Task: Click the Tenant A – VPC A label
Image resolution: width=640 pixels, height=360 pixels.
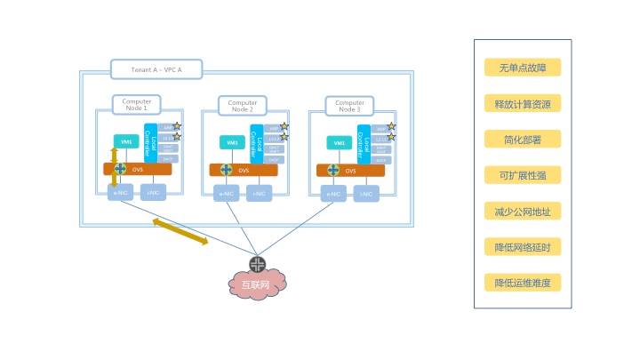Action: tap(156, 69)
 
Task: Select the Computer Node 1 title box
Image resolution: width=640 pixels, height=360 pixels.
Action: tap(137, 105)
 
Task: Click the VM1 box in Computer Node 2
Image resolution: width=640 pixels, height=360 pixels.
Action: tap(232, 142)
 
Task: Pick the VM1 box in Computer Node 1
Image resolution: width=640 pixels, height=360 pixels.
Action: tap(125, 141)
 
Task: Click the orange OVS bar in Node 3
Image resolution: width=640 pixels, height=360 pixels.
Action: tap(351, 170)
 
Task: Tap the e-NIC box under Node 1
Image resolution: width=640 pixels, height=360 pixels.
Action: tap(120, 193)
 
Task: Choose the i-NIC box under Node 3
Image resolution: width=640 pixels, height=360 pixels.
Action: tap(364, 194)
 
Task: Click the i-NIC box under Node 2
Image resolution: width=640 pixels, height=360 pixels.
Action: tap(259, 194)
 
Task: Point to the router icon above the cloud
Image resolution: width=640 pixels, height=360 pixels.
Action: tap(258, 263)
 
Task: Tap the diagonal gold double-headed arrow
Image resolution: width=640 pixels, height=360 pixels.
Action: tap(180, 230)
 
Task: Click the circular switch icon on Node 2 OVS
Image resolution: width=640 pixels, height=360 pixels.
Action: tap(226, 170)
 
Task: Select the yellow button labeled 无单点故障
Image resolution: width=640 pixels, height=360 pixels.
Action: tap(523, 68)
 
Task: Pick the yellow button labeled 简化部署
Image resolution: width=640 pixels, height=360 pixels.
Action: tap(523, 140)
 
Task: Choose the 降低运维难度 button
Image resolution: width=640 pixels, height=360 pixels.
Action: tap(523, 283)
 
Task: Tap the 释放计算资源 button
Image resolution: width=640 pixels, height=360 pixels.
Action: tap(523, 104)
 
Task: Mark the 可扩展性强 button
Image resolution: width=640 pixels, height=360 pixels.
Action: tap(523, 175)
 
